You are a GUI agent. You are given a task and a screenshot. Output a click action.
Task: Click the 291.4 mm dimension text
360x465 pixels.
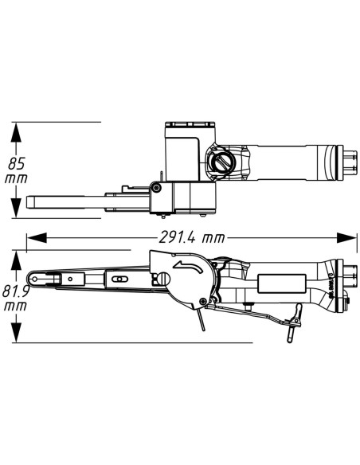click(x=192, y=237)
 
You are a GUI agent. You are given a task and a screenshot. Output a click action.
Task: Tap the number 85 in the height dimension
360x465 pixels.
click(x=17, y=163)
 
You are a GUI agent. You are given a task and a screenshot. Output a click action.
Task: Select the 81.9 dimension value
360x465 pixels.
click(x=15, y=291)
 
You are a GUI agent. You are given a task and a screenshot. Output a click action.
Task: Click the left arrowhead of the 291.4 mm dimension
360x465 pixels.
click(x=37, y=238)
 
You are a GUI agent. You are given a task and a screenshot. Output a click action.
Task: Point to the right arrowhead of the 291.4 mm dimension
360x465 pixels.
click(x=346, y=238)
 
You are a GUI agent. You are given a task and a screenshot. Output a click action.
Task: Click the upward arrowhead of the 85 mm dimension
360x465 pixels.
click(x=16, y=132)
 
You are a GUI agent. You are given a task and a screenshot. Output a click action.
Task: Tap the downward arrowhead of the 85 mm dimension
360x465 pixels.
click(x=16, y=207)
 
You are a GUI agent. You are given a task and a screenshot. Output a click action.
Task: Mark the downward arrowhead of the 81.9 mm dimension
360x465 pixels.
click(x=16, y=332)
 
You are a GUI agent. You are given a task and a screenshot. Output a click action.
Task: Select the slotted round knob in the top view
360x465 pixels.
click(x=221, y=162)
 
